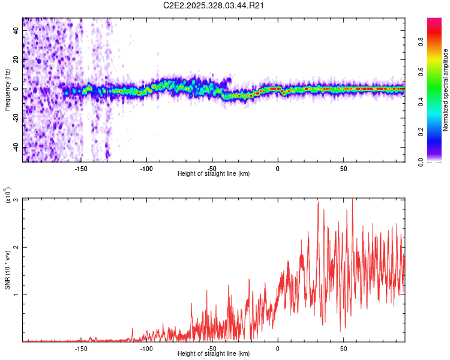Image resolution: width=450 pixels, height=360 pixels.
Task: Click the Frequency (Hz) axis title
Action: pyautogui.click(x=7, y=90)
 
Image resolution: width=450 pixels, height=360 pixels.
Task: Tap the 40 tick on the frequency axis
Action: pyautogui.click(x=17, y=31)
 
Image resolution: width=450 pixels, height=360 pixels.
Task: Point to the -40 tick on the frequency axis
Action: pyautogui.click(x=17, y=147)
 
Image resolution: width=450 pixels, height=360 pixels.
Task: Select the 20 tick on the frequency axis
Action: pyautogui.click(x=17, y=60)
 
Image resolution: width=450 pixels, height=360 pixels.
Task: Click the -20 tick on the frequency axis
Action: pyautogui.click(x=17, y=118)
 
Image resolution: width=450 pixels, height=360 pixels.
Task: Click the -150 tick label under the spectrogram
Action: pyautogui.click(x=82, y=168)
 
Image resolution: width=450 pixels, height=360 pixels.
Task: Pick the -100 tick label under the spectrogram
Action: pyautogui.click(x=147, y=168)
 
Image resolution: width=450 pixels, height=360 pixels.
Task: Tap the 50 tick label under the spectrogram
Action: pyautogui.click(x=343, y=168)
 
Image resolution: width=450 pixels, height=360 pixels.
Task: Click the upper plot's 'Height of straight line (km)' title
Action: pyautogui.click(x=214, y=174)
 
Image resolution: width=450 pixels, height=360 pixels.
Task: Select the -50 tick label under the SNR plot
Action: pyautogui.click(x=212, y=349)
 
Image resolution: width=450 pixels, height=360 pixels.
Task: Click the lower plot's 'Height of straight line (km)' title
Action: pyautogui.click(x=214, y=354)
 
